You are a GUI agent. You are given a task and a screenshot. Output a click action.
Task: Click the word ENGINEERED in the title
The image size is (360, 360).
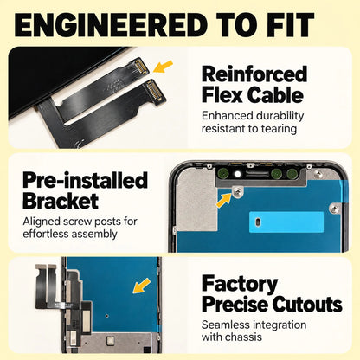coord(111,25)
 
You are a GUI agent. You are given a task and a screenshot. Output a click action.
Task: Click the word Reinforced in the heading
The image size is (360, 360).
coord(254,74)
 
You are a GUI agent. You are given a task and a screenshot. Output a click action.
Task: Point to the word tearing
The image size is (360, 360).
coord(279,129)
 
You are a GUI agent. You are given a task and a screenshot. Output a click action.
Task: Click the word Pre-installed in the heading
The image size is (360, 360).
coord(85,181)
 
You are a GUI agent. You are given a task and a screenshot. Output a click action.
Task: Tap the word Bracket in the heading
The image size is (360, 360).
coord(61,201)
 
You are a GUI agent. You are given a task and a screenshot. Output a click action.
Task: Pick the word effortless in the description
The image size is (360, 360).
coord(45,234)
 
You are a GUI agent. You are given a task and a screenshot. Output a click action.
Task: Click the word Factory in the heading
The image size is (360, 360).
coord(240,285)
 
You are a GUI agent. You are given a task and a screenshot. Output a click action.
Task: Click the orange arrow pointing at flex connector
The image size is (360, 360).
coord(163,67)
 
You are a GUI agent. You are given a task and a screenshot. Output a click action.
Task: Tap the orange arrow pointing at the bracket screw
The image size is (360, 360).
coord(224,200)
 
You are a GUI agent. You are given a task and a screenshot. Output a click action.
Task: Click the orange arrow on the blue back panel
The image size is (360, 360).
coord(141,286)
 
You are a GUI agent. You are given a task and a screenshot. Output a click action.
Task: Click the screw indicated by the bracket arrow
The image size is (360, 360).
coord(238,191)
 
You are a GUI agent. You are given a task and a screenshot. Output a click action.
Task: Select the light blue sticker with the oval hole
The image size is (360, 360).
coord(286,222)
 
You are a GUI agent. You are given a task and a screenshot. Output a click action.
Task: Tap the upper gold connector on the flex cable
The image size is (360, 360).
coord(141,67)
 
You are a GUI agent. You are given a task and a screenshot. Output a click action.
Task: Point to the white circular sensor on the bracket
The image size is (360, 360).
coord(238,173)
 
